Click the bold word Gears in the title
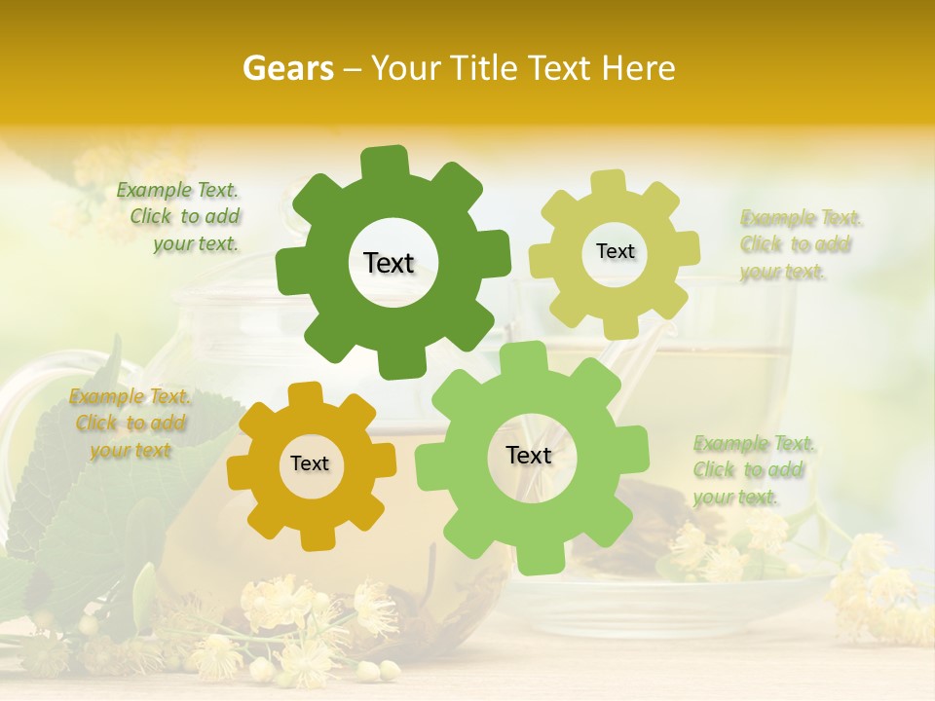(x=287, y=68)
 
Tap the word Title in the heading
(x=482, y=68)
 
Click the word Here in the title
(x=638, y=68)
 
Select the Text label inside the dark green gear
(x=389, y=263)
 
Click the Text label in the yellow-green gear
(x=615, y=251)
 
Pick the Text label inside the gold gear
(x=310, y=464)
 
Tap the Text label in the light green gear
(x=529, y=456)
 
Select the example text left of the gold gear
(x=130, y=424)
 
